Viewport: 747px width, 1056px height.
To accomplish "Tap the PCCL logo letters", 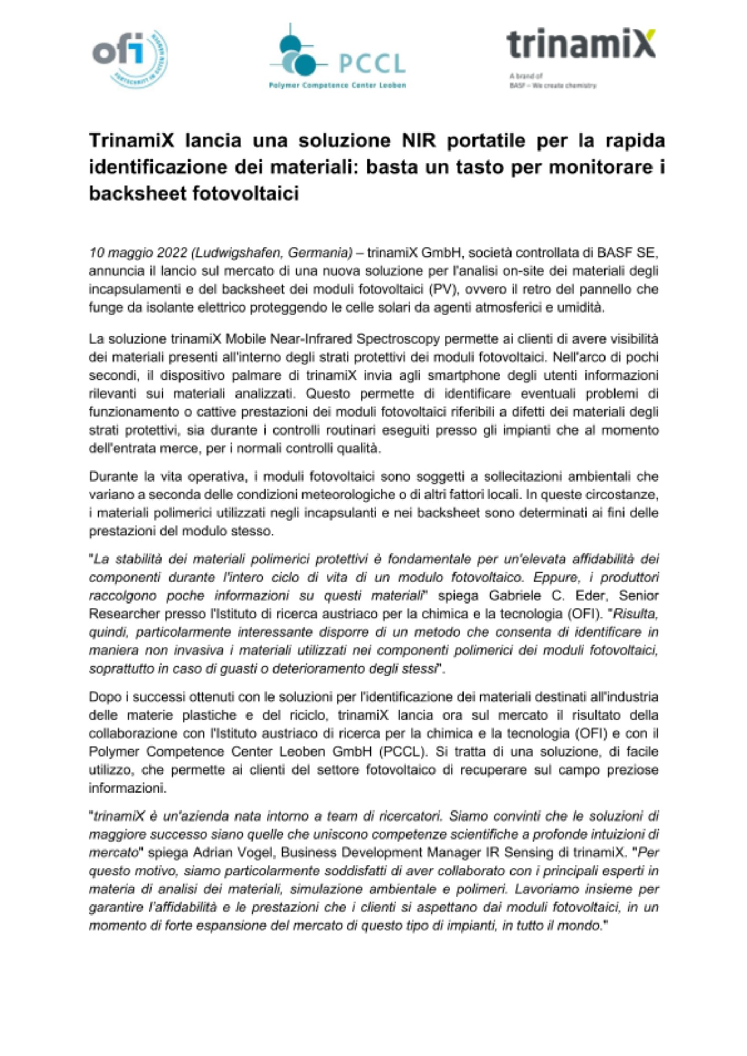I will [372, 64].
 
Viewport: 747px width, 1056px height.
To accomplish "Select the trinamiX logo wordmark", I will [581, 44].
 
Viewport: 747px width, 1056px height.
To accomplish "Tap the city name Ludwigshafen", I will [239, 253].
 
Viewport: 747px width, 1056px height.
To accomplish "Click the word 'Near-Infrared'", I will [311, 338].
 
